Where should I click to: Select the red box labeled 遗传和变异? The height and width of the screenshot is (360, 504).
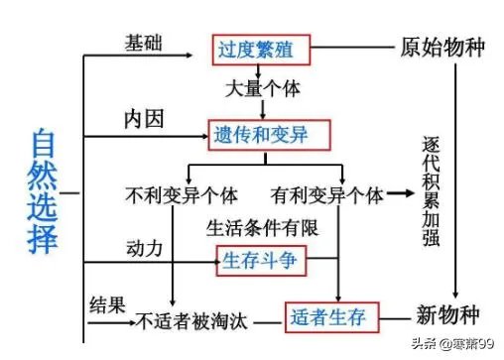coord(267,133)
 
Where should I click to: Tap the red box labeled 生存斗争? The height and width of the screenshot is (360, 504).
coord(263,262)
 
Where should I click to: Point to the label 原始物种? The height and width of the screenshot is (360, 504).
coord(441,48)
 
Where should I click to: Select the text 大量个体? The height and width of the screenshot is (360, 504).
coord(261,87)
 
